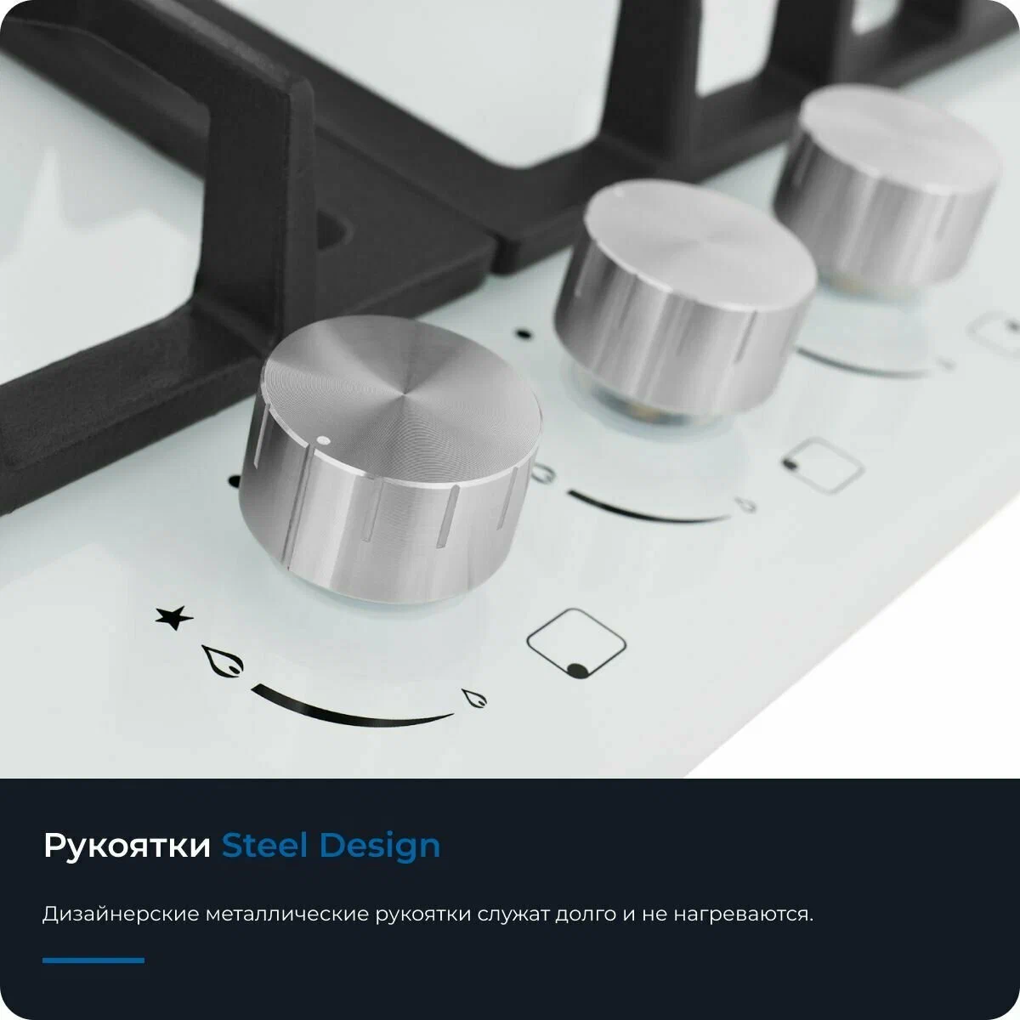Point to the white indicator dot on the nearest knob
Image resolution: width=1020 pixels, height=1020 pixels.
(x=323, y=440)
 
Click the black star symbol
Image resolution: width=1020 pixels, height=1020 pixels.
(x=174, y=617)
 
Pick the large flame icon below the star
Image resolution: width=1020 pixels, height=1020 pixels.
(x=223, y=661)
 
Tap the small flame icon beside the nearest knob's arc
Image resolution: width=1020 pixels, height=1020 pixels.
(x=474, y=698)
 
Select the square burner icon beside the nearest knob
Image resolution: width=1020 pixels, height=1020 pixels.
(x=576, y=643)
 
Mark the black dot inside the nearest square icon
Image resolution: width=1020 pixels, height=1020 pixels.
(x=577, y=671)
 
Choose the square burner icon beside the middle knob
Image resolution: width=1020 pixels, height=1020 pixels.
(x=823, y=466)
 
